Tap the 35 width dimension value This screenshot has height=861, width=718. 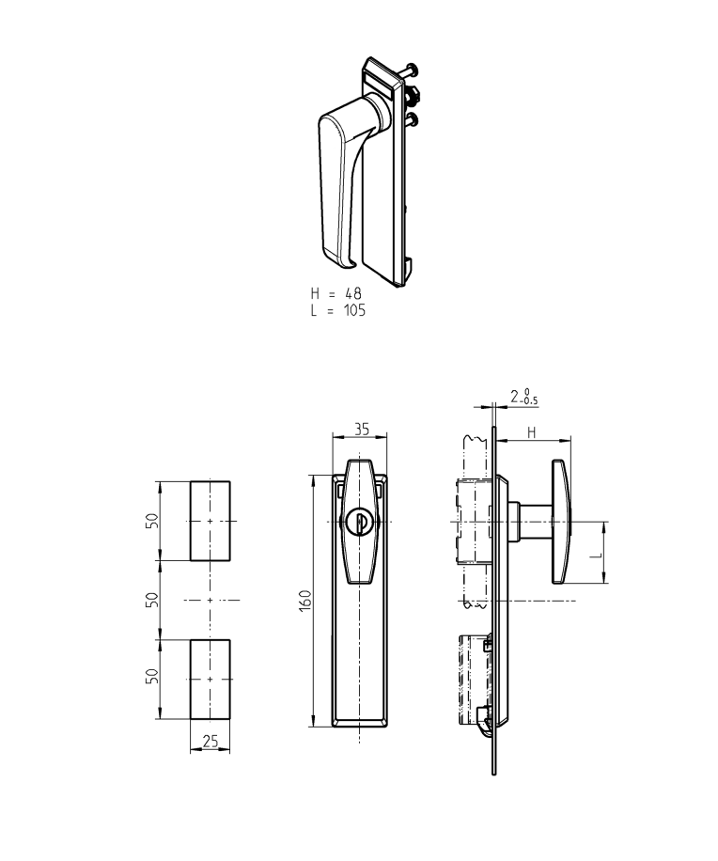[x=360, y=430]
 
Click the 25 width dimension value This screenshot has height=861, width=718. [x=211, y=742]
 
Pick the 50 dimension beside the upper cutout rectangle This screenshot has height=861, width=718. [x=151, y=522]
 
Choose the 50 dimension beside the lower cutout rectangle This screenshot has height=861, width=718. [x=151, y=679]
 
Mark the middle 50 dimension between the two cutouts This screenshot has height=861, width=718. [x=151, y=600]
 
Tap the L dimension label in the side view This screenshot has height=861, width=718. [x=595, y=555]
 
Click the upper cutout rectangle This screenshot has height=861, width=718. [x=211, y=521]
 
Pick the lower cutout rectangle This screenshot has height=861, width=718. [x=211, y=679]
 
